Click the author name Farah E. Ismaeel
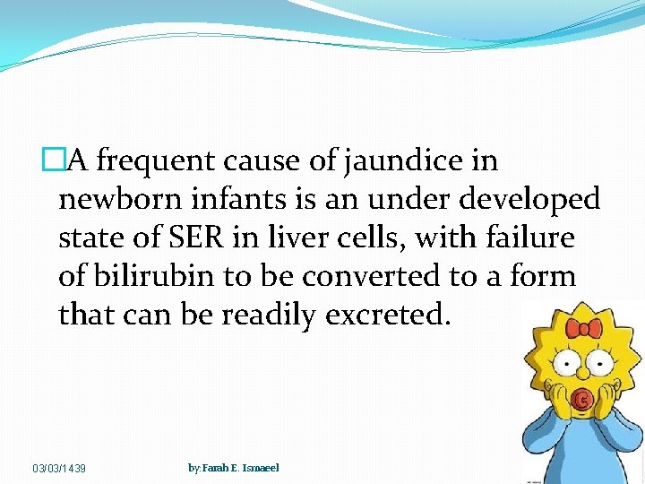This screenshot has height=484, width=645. click(234, 468)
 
